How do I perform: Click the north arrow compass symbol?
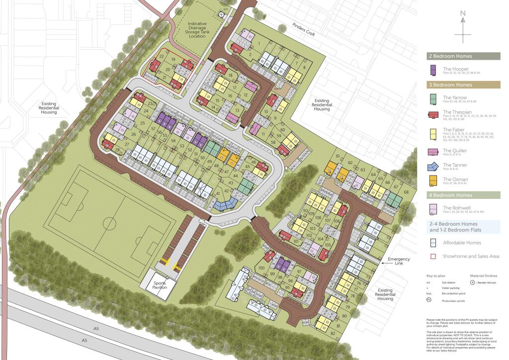[463, 28]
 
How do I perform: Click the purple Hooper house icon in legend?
[433, 71]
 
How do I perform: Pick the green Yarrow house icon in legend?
[433, 99]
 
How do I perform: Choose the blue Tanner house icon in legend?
[433, 167]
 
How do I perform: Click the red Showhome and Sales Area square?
[433, 257]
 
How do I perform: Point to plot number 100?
[262, 269]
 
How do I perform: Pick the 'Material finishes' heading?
[484, 275]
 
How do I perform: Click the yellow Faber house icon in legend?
[433, 132]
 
